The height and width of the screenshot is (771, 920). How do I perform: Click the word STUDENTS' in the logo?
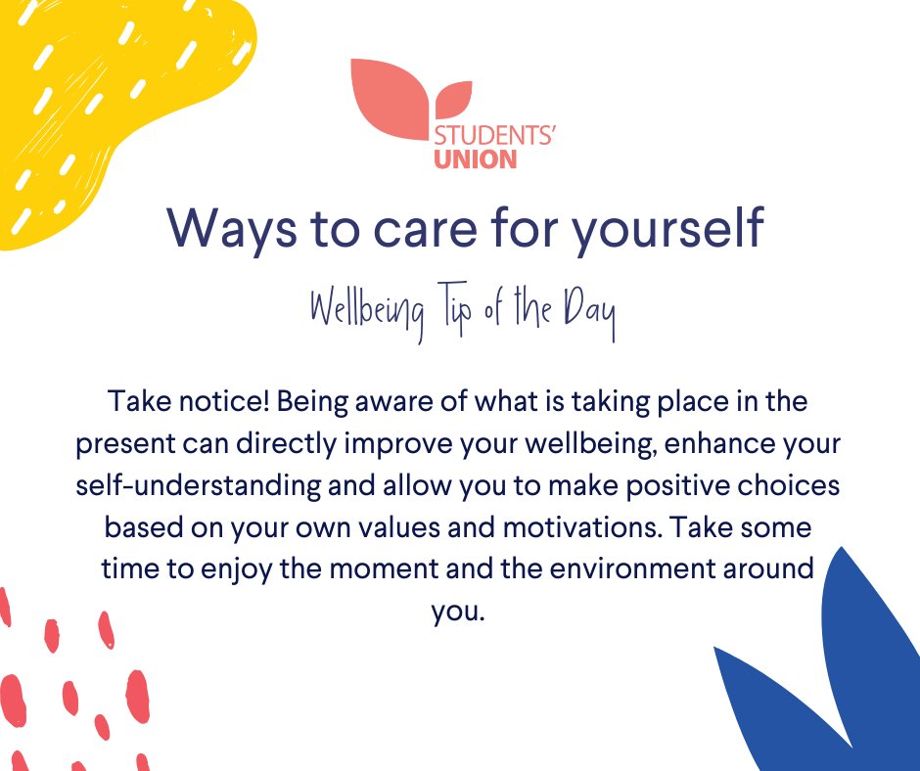[x=494, y=134]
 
